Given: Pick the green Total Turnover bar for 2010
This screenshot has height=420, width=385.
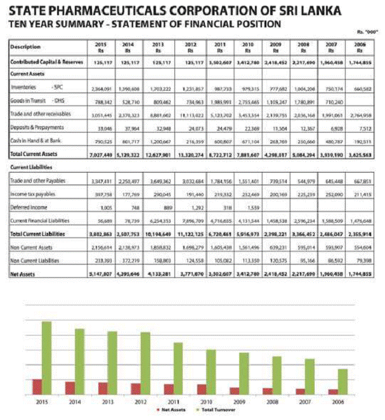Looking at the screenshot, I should (211, 369).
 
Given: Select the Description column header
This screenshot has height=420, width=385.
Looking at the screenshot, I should (26, 46).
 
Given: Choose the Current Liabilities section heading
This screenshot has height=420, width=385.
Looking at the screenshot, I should (28, 166).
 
